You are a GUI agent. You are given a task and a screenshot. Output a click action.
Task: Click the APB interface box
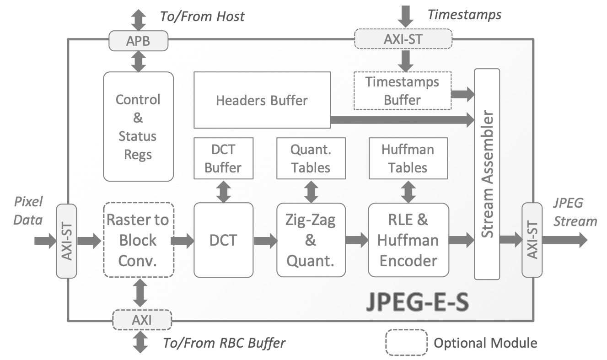[x=138, y=41]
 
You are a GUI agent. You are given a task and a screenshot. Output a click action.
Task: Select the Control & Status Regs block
[x=138, y=126]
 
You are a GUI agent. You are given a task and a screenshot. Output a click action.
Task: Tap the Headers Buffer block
[x=262, y=100]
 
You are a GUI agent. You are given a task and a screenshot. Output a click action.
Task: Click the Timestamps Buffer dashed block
[x=402, y=91]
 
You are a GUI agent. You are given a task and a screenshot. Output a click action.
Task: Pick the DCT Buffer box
[x=223, y=158]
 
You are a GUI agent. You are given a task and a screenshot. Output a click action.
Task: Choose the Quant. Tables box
[x=311, y=158]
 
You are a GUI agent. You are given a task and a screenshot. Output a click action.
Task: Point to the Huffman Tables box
[x=408, y=158]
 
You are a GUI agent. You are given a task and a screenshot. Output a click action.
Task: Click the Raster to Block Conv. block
[x=138, y=240]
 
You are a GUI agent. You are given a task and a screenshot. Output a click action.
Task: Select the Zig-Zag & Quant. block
[x=311, y=240]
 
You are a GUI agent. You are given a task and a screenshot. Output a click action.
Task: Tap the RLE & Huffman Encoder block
[x=408, y=240]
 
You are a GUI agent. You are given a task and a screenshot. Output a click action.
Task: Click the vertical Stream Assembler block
[x=487, y=174]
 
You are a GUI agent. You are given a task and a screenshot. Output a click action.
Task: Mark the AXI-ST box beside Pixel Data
[x=66, y=241]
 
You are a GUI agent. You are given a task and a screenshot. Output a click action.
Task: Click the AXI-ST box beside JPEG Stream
[x=532, y=240]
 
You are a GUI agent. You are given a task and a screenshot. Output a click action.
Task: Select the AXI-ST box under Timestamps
[x=403, y=39]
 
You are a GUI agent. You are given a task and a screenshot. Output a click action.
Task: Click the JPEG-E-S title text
[x=417, y=302]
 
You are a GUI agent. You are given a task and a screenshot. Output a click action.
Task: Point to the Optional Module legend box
[x=406, y=343]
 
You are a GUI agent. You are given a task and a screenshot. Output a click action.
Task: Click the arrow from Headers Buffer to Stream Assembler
[x=403, y=120]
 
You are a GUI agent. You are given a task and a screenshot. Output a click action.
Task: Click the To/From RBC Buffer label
[x=224, y=343]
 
